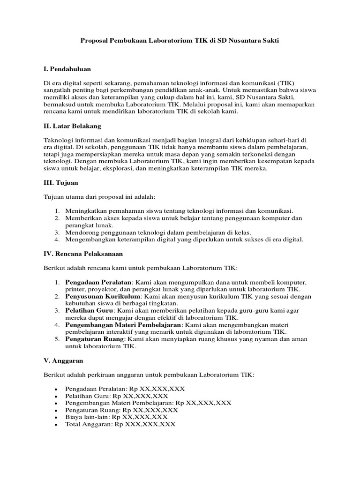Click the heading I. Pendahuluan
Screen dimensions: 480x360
coord(67,69)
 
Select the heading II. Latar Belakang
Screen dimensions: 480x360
coord(72,126)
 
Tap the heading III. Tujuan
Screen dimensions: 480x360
coord(61,183)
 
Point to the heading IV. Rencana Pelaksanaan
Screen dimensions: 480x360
coord(83,254)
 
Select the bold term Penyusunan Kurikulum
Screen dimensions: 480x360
coord(103,297)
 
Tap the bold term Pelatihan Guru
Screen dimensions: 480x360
coord(89,311)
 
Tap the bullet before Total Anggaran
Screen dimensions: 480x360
coord(56,424)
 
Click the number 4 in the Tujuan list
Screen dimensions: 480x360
coord(56,240)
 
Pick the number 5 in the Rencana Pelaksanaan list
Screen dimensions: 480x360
coord(56,339)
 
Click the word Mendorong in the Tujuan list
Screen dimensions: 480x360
coord(82,232)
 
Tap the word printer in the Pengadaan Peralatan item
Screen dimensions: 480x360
coord(75,290)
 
